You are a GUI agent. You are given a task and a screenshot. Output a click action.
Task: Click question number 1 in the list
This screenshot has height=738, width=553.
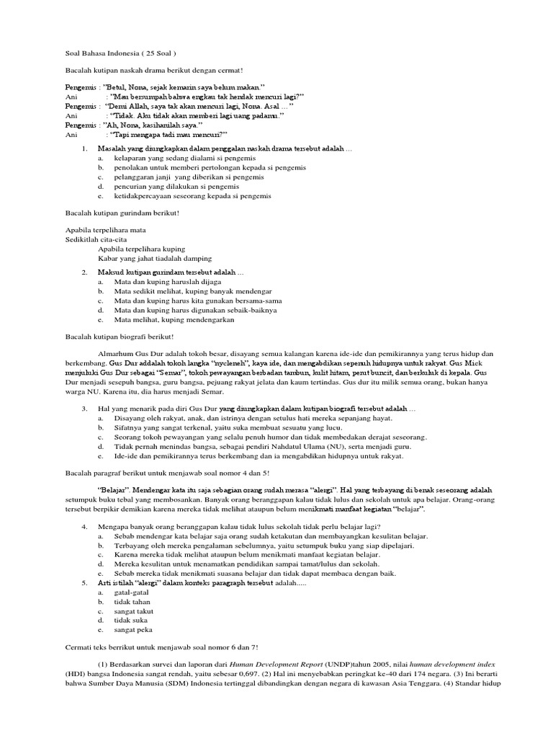click(x=85, y=148)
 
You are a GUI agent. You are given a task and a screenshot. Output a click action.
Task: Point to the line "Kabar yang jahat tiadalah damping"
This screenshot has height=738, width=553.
click(x=155, y=258)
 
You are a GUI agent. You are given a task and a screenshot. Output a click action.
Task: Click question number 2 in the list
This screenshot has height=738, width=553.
click(x=85, y=272)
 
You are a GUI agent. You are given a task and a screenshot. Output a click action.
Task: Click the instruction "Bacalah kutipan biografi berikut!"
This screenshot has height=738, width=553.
click(x=119, y=337)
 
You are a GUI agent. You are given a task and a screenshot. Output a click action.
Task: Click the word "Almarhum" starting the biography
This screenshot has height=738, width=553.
click(x=117, y=355)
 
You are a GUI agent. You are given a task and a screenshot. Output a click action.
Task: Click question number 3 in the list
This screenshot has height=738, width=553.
click(x=85, y=409)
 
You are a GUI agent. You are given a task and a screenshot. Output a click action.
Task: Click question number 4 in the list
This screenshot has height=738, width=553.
click(x=85, y=527)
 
